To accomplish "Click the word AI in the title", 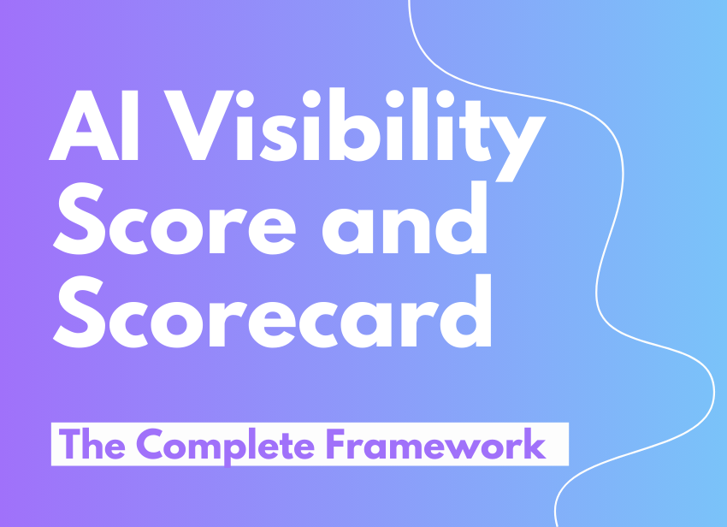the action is point(93,125).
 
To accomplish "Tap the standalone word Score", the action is point(174,219).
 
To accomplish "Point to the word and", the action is point(405,218).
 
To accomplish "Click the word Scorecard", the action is point(272,311).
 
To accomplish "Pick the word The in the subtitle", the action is point(92,444).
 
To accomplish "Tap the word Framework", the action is point(436,444).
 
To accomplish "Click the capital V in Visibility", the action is point(198,125).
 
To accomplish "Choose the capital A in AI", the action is point(84,125).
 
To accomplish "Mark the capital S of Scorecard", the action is point(80,311).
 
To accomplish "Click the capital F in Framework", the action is point(336,444).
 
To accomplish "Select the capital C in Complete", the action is point(150,444).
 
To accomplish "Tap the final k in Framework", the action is point(535,444).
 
